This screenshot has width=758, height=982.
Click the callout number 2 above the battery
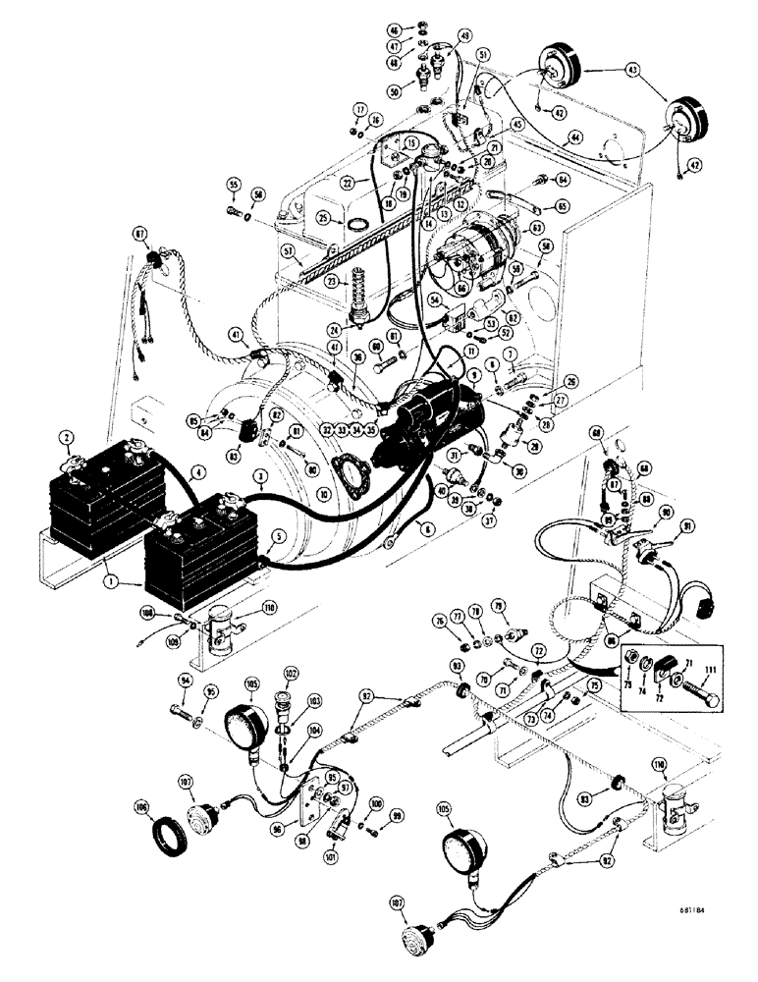pyautogui.click(x=65, y=438)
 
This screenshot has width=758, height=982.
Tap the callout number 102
pyautogui.click(x=290, y=673)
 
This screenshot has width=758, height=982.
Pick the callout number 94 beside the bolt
pyautogui.click(x=184, y=679)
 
